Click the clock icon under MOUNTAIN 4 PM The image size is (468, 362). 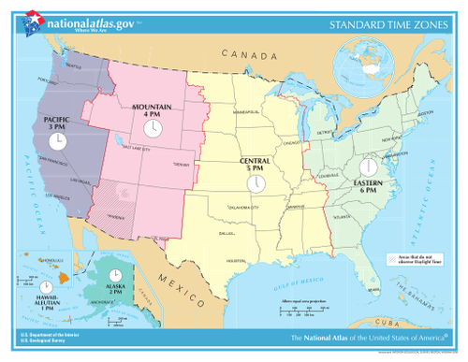tap(150, 127)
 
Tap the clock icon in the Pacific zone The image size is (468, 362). tap(57, 141)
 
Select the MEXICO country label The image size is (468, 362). tap(174, 279)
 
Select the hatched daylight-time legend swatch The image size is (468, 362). tap(391, 256)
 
